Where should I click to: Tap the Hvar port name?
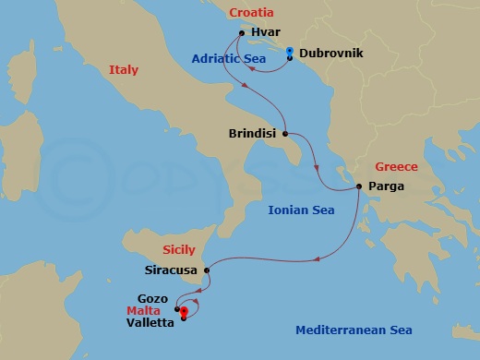(265, 32)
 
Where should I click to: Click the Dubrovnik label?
(330, 54)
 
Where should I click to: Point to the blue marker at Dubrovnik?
(290, 52)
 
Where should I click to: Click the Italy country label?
(123, 70)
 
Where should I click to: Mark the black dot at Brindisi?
(285, 132)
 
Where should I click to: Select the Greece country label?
(396, 167)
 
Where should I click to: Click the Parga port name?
(384, 186)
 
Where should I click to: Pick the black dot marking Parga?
(359, 187)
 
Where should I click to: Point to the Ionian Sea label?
(300, 210)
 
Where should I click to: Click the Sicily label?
(179, 249)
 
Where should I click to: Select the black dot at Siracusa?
(207, 270)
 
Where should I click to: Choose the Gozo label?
(152, 299)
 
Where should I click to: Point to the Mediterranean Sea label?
(354, 330)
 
